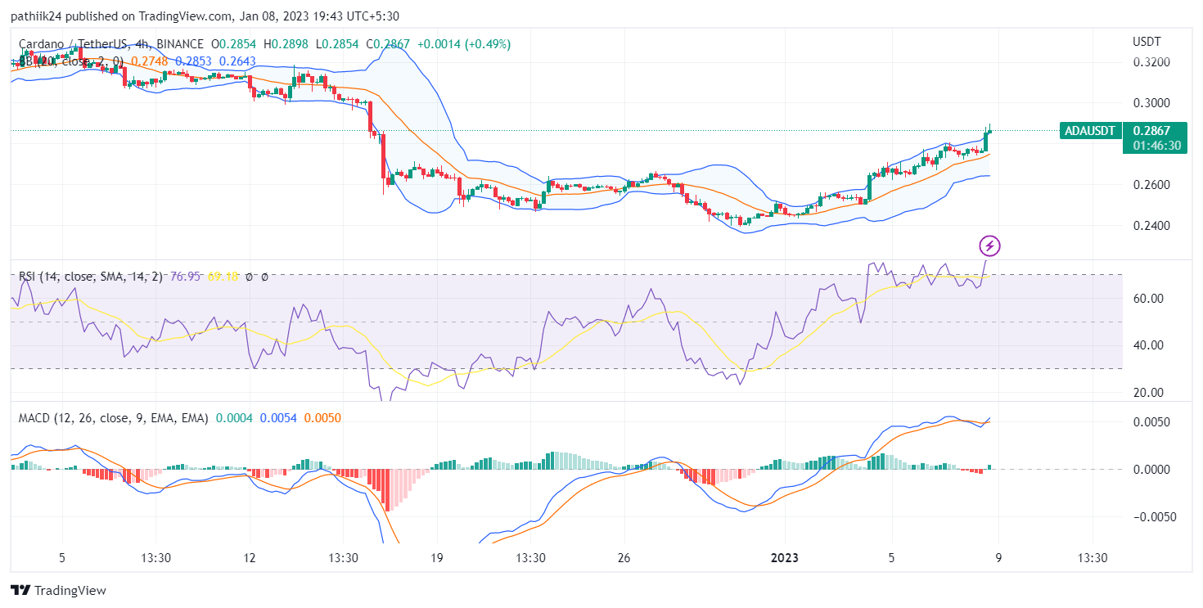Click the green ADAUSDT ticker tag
[x=1090, y=130]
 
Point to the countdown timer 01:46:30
[x=1156, y=145]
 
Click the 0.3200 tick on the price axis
[x=1151, y=62]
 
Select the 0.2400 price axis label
[x=1151, y=226]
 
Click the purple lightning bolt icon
[x=990, y=245]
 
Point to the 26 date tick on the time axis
[x=624, y=558]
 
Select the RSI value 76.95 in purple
[x=185, y=277]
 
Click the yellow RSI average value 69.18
[x=223, y=277]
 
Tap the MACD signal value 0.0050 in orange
[x=322, y=418]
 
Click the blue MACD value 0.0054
[x=278, y=418]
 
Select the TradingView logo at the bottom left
[x=58, y=590]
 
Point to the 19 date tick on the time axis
[x=436, y=558]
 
